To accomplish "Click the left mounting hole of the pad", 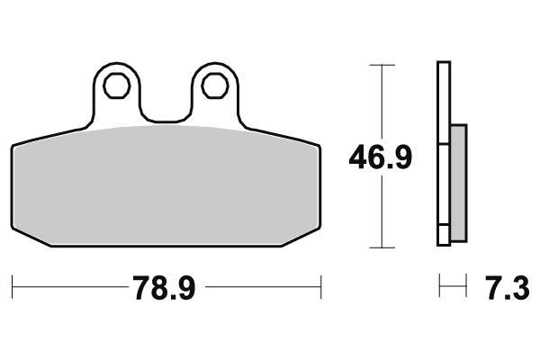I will (115, 85).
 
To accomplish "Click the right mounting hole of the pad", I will (214, 85).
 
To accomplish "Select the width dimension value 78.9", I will (165, 290).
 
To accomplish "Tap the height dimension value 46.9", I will (381, 158).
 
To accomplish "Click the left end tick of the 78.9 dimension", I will (13, 289).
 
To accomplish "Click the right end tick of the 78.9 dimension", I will (321, 289).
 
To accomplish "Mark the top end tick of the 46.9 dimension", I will (383, 65).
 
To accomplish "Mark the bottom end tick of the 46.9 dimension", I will (383, 247).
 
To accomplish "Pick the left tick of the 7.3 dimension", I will (439, 289).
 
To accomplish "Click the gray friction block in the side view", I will (458, 183).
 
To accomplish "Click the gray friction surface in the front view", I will (166, 184).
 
